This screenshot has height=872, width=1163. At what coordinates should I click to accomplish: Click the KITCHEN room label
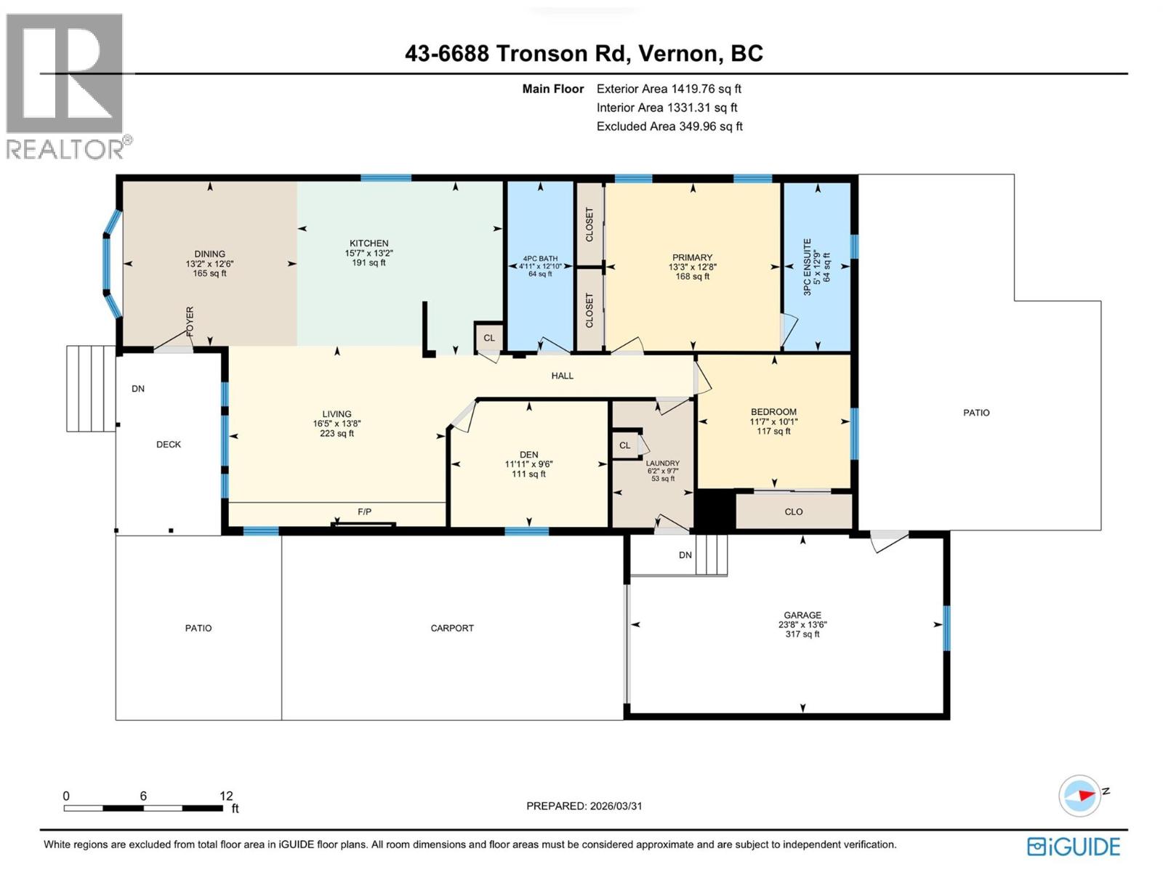coord(369,243)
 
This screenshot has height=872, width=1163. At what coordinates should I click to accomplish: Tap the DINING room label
coord(209,254)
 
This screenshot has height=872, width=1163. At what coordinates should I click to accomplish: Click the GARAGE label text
coord(802,615)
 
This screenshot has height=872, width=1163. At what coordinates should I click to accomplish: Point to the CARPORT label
coord(452,628)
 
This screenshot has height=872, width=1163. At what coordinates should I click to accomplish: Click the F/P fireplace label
coord(364,512)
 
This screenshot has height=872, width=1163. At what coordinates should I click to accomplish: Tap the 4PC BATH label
coord(540,258)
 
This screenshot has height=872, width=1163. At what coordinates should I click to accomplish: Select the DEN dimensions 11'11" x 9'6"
coord(528,464)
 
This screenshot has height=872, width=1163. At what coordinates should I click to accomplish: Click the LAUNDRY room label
coord(662,463)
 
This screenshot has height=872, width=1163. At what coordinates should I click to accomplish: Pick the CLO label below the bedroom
coord(793,512)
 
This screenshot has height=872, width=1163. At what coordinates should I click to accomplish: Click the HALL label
coord(562,376)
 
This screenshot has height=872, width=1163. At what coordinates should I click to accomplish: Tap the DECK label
coord(169,444)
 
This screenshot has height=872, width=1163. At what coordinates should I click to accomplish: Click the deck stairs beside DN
coord(90,389)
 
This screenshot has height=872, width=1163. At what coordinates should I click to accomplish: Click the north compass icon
coord(1081,795)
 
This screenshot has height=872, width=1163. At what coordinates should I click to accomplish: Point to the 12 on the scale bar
coord(226,796)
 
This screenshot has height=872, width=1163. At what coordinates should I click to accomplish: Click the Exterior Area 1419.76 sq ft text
coord(669,89)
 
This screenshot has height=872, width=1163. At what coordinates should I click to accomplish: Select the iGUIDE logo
coord(1074,847)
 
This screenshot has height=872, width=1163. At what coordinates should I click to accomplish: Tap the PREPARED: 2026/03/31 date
coord(584,806)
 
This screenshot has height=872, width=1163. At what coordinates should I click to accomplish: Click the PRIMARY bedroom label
coord(692,257)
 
